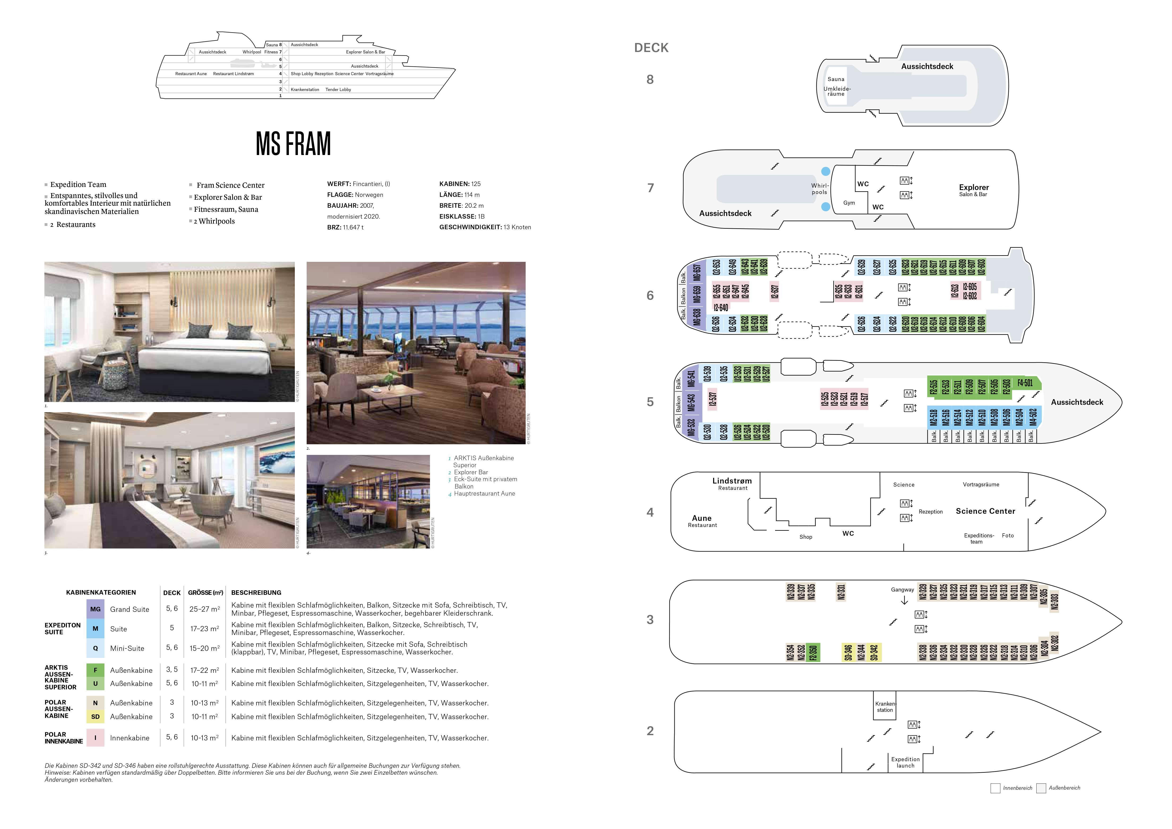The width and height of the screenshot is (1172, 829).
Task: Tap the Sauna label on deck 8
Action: tap(836, 79)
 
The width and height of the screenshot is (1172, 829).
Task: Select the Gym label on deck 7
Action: tap(849, 203)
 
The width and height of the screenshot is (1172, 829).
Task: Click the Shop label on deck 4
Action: tap(806, 536)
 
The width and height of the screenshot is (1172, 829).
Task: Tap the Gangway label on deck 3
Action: tap(902, 590)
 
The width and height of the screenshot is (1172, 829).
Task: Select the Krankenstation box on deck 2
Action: tap(885, 707)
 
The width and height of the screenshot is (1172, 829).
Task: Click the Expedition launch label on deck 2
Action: tap(905, 762)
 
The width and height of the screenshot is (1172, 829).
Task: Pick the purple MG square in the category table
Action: tap(95, 609)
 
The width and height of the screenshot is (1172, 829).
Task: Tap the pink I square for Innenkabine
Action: tap(95, 738)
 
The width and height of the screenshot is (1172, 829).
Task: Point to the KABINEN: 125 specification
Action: tap(459, 184)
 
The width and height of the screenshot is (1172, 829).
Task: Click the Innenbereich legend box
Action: tap(995, 788)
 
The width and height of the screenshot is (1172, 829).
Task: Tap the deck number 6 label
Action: tap(650, 296)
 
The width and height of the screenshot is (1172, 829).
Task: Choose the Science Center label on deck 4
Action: tap(985, 511)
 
